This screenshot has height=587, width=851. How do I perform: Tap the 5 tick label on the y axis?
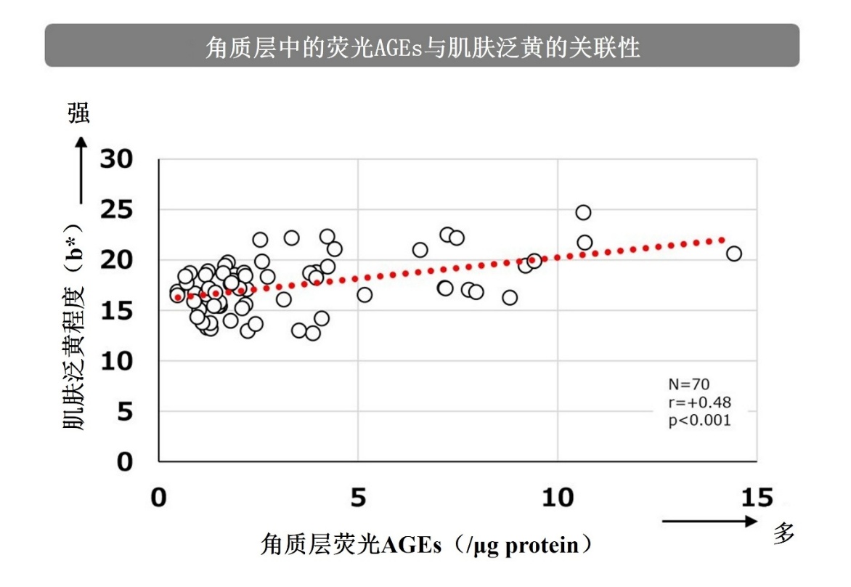[x=126, y=412]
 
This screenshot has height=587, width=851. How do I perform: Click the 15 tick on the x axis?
[x=757, y=498]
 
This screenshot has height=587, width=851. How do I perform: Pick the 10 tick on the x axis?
[x=558, y=498]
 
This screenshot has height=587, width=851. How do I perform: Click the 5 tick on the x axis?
[x=358, y=498]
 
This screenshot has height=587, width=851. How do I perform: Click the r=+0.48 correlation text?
[x=699, y=402]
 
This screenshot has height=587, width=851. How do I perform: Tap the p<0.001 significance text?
[x=699, y=420]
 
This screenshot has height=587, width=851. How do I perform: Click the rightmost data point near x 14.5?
[x=734, y=254]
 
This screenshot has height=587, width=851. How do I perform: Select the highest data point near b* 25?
[x=583, y=212]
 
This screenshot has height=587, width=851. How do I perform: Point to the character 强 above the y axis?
[x=80, y=113]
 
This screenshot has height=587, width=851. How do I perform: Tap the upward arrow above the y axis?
[x=81, y=171]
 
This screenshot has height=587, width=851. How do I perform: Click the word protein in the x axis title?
[x=538, y=545]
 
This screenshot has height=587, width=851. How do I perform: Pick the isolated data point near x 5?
[x=365, y=294]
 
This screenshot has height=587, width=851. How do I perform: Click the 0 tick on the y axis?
[x=126, y=462]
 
